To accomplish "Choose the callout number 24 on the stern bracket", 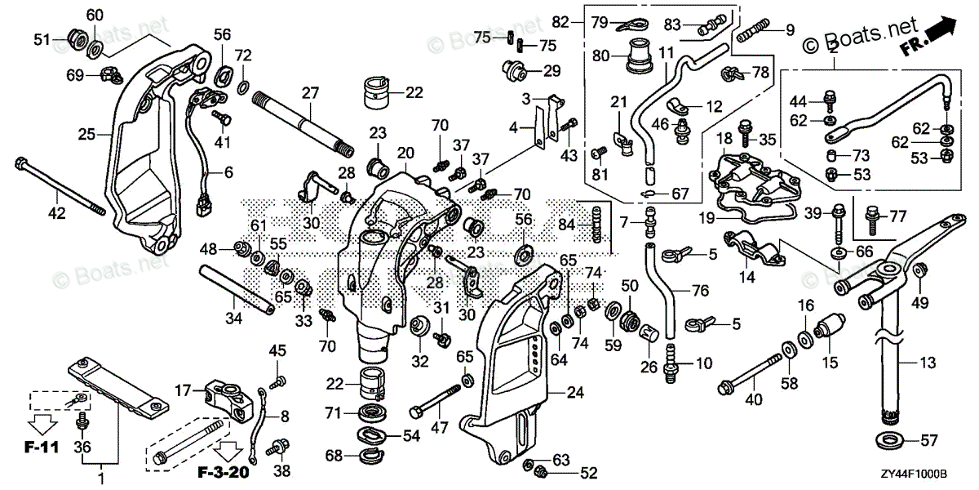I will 575,393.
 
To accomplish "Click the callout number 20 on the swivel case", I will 406,153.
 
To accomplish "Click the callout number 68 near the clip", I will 334,455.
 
